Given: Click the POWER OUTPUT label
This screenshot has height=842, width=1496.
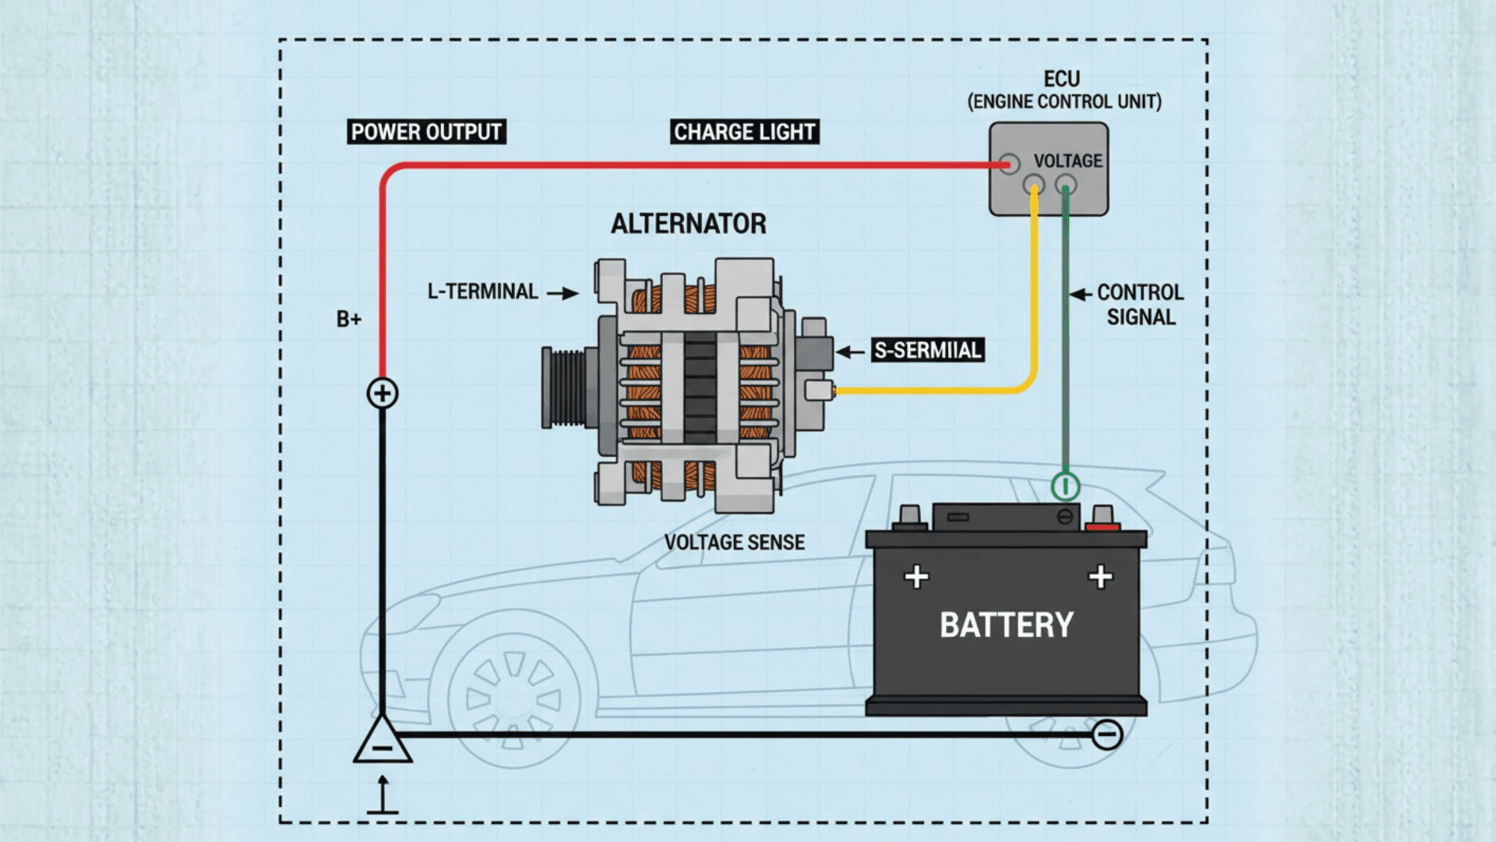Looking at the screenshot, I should click(x=426, y=132).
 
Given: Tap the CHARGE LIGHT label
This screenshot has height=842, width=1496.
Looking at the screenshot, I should click(x=744, y=132).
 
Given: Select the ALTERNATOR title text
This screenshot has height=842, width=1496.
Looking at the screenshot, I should click(x=688, y=224).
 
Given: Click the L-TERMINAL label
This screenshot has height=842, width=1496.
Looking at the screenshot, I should click(x=482, y=292).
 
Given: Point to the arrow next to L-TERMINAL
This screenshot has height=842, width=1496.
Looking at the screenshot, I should click(x=563, y=293).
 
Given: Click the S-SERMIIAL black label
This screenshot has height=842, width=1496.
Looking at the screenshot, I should click(x=927, y=350).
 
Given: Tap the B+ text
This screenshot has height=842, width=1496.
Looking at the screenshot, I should click(x=349, y=319).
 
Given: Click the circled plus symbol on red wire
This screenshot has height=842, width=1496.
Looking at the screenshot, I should click(x=383, y=393).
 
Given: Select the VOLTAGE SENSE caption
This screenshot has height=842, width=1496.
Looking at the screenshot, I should click(x=734, y=543).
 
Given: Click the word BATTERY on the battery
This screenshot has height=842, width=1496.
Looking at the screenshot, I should click(x=1006, y=625).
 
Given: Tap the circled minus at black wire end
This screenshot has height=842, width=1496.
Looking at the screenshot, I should click(x=1106, y=734).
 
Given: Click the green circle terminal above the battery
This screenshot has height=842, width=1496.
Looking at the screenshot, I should click(x=1065, y=486).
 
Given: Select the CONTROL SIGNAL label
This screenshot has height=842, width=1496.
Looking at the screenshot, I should click(x=1140, y=305).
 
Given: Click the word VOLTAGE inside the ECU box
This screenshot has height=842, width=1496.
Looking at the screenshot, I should click(x=1067, y=161).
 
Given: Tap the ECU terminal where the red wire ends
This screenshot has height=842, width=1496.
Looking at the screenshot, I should click(x=1010, y=165).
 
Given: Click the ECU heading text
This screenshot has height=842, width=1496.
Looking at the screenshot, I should click(x=1061, y=80).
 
